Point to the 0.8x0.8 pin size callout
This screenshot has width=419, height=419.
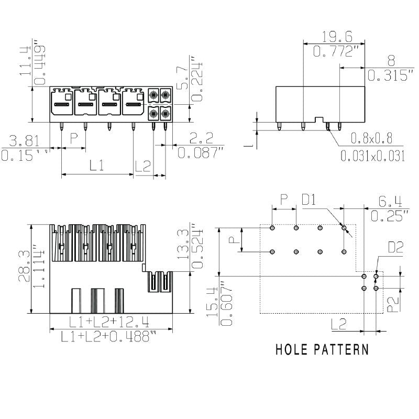tap(371, 139)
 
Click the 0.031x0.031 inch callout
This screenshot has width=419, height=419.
tap(372, 156)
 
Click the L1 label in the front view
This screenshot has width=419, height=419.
tap(95, 166)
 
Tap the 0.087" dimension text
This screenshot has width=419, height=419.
tap(201, 152)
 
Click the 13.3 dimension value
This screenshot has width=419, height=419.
tap(183, 245)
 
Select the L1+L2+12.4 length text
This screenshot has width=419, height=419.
tap(111, 321)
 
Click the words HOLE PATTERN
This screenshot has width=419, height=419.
tap(322, 349)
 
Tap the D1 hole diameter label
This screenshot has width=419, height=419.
tap(309, 200)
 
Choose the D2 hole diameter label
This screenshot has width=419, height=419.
tap(395, 247)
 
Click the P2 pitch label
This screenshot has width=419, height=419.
tap(394, 304)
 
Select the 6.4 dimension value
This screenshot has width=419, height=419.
tap(390, 201)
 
